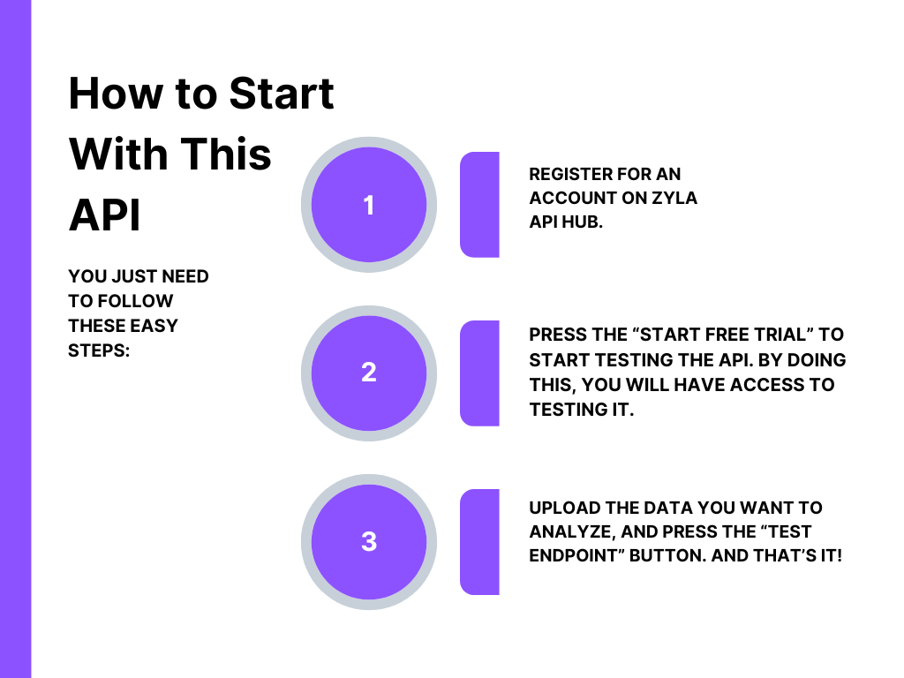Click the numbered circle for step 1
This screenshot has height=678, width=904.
[369, 205]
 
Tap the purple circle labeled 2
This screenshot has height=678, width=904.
[369, 373]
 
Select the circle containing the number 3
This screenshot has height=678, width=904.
[369, 542]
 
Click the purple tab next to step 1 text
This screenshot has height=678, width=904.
[479, 205]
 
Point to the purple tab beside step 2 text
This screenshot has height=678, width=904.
[479, 373]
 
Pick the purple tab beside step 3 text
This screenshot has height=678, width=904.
[479, 542]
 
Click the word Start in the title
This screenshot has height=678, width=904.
[282, 94]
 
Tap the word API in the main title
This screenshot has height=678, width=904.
[104, 215]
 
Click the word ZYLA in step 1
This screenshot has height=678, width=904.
[674, 198]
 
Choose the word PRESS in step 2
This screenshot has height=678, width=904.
[554, 335]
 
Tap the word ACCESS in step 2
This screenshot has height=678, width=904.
[760, 385]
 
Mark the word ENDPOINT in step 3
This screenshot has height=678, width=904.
[576, 555]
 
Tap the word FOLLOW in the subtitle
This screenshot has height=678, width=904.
[135, 301]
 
